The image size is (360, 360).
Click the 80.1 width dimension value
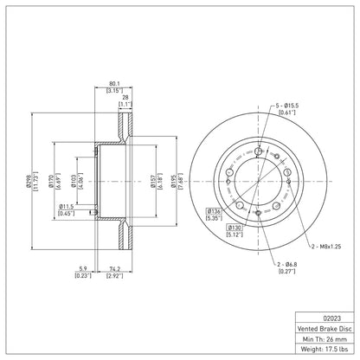114,84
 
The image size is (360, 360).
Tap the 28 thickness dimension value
125,98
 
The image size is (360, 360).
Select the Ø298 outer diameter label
29,182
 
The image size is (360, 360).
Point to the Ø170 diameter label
51,181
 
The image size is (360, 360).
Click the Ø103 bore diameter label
74,181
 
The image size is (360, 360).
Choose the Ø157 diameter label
153,181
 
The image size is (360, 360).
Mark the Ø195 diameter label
173,181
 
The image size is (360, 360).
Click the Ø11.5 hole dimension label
67,207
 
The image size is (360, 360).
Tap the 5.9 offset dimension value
83,269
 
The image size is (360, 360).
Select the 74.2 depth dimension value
114,269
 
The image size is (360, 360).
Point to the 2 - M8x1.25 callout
326,247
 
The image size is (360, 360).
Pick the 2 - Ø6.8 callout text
286,264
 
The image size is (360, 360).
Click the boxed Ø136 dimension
214,211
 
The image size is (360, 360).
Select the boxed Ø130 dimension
235,228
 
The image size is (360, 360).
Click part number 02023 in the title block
325,318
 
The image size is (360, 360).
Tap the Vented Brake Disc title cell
325,329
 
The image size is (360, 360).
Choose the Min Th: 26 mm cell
325,339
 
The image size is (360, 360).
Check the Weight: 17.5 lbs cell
325,349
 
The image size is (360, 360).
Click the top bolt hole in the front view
259,151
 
